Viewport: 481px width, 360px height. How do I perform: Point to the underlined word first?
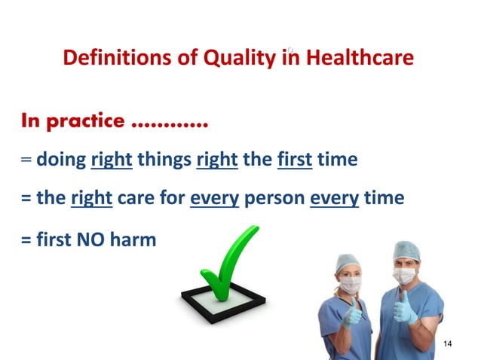[x=295, y=160]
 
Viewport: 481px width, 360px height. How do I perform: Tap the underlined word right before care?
[x=92, y=199]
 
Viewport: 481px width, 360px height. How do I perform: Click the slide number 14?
[x=449, y=344]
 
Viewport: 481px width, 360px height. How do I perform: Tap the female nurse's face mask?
[x=349, y=285]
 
